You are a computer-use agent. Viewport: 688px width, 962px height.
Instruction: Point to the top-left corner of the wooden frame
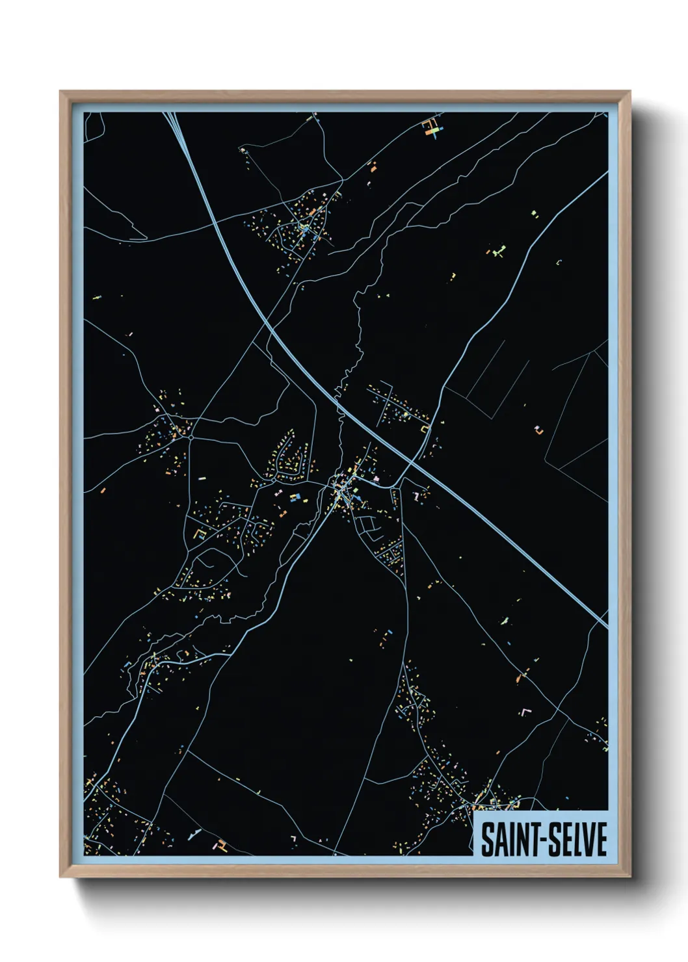[60, 92]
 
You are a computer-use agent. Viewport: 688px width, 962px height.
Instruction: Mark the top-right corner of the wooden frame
[630, 92]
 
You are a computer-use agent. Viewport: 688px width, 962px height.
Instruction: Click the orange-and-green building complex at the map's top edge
[432, 126]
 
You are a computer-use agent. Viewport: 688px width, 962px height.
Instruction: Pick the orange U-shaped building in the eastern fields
[538, 429]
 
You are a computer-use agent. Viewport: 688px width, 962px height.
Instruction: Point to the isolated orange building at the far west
[103, 489]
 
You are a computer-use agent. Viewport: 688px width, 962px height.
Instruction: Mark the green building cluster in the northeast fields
[499, 250]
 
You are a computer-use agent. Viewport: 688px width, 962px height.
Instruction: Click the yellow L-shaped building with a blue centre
[200, 534]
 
